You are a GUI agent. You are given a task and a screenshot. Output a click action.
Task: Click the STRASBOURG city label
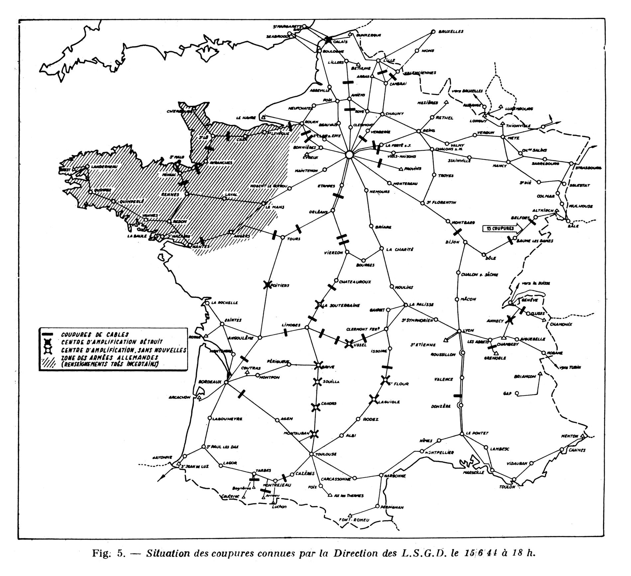coord(588,168)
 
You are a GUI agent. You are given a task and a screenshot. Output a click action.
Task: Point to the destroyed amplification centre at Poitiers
coord(267,285)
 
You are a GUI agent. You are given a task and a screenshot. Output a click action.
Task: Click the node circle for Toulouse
coord(311,454)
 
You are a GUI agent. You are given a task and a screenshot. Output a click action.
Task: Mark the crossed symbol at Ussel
coord(349,344)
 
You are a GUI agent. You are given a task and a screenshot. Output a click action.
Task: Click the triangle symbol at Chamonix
coord(544,320)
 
